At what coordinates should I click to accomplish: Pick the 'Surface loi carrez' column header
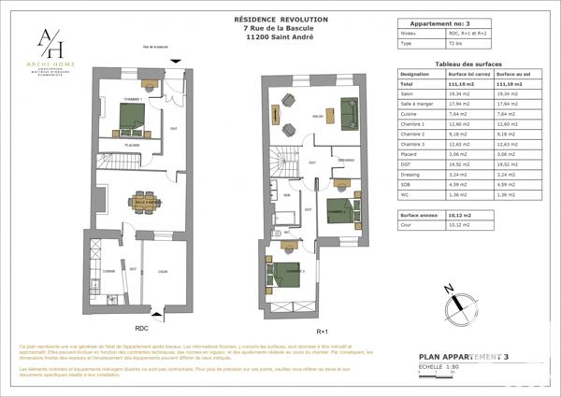coord(469,73)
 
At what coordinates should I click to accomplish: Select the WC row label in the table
coord(405,195)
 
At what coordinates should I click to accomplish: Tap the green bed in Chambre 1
coord(130,118)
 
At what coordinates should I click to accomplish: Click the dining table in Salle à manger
coord(144,203)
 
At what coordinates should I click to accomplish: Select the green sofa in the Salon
coord(351,112)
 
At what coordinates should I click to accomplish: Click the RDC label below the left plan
coord(142,328)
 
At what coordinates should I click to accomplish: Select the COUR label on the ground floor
coord(162,271)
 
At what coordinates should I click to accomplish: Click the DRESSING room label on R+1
coord(345,161)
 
